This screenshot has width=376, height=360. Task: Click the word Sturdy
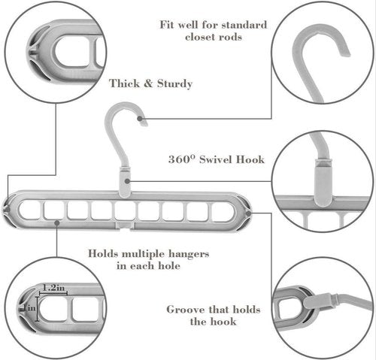coord(174,83)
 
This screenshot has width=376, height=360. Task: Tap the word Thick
coord(124,83)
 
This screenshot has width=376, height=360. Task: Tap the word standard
coord(244,25)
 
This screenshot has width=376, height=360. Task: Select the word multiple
coord(144,254)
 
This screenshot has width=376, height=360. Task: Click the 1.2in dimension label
coord(53,288)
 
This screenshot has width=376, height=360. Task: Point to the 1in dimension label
coord(30,307)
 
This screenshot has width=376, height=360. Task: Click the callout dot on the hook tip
coord(141,119)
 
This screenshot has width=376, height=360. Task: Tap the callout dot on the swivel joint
coord(127,181)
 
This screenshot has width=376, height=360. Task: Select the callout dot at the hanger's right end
coord(248,213)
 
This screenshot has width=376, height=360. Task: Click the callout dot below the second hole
coord(57,222)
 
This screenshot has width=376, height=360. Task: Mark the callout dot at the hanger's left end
coord(8,210)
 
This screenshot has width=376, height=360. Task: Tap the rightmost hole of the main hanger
coord(223,212)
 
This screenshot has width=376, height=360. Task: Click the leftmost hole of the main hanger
coord(29,210)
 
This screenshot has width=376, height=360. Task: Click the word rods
coord(231,37)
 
